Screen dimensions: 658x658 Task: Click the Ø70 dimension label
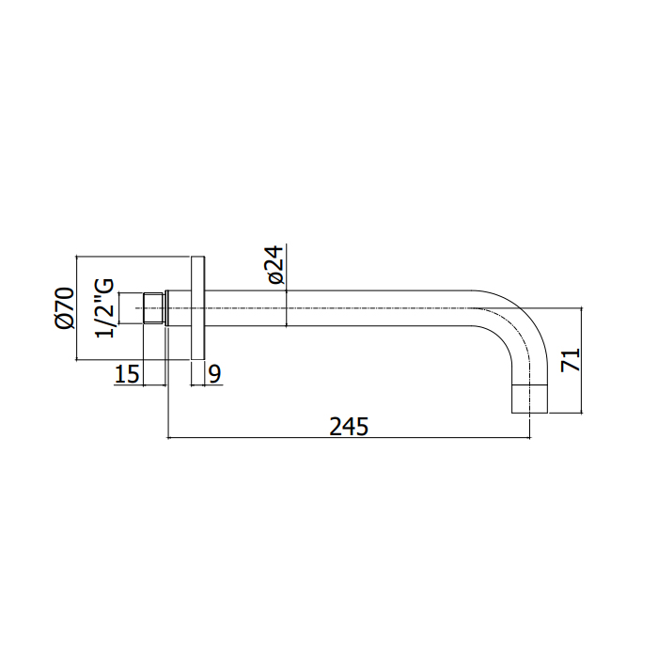pyautogui.click(x=64, y=308)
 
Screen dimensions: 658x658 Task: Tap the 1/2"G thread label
pyautogui.click(x=106, y=306)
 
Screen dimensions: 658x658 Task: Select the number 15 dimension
pyautogui.click(x=127, y=374)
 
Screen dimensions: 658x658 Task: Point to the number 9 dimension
pyautogui.click(x=214, y=374)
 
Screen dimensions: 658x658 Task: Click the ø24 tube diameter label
pyautogui.click(x=274, y=266)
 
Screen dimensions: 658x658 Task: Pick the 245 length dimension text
pyautogui.click(x=349, y=426)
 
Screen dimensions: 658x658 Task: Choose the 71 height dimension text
pyautogui.click(x=571, y=360)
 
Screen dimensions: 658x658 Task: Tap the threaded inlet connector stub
pyautogui.click(x=152, y=308)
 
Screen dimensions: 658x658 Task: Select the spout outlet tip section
pyautogui.click(x=528, y=399)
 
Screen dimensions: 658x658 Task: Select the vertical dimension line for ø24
pyautogui.click(x=288, y=282)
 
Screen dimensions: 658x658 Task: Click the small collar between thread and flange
pyautogui.click(x=167, y=308)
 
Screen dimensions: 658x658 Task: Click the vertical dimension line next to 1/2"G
pyautogui.click(x=118, y=308)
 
